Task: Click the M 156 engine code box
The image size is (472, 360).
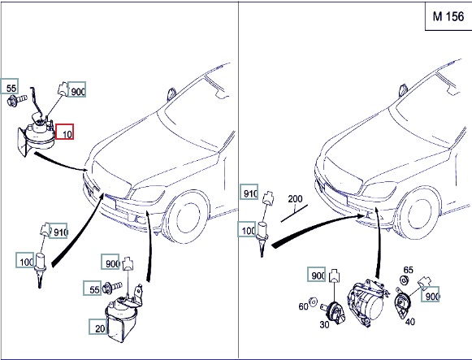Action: [x=448, y=16]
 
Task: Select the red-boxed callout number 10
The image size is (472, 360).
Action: [x=64, y=132]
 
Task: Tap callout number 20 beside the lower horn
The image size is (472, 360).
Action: [x=98, y=327]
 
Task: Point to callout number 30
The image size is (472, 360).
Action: [x=324, y=324]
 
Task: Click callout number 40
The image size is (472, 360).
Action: [x=409, y=322]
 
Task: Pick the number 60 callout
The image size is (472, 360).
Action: [x=303, y=306]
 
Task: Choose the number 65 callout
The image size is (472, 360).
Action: [x=408, y=270]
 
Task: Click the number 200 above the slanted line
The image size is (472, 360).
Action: [x=295, y=198]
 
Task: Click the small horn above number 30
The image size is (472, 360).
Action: [x=335, y=313]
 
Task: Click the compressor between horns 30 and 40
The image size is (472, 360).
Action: [x=366, y=303]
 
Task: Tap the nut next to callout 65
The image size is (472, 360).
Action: [x=404, y=280]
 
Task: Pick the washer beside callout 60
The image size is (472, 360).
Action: [x=313, y=301]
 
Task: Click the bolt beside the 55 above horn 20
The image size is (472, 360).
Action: [x=111, y=288]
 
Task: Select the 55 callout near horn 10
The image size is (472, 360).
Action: [x=10, y=86]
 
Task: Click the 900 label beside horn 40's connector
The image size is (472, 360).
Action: [x=430, y=295]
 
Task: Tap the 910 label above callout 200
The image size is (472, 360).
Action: [x=249, y=192]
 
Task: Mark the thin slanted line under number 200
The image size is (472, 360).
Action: [x=294, y=213]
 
